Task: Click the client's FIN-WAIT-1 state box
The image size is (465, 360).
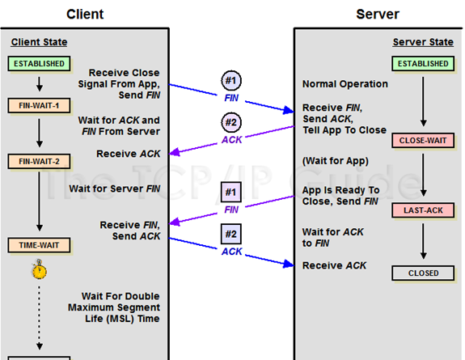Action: [x=39, y=106]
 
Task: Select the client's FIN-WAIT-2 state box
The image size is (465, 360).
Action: [x=39, y=162]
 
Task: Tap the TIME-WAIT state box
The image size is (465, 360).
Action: [x=39, y=245]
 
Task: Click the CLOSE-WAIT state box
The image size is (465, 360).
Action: [x=423, y=141]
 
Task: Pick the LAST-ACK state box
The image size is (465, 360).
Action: [x=423, y=210]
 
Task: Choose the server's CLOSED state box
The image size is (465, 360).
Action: [x=423, y=273]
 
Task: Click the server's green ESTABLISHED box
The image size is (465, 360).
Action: [x=423, y=64]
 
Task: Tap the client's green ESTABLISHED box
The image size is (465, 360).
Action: [x=39, y=64]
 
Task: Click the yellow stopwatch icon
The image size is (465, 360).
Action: [x=39, y=269]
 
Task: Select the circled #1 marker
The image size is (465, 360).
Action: [x=231, y=80]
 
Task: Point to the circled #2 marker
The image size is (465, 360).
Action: [x=231, y=122]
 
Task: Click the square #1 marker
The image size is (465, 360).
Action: [x=231, y=192]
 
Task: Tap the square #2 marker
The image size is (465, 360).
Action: [x=231, y=234]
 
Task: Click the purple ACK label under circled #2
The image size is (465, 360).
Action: [x=232, y=140]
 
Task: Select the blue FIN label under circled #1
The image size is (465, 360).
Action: [x=231, y=98]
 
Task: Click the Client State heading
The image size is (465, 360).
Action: [x=39, y=42]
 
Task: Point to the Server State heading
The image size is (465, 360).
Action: [x=423, y=42]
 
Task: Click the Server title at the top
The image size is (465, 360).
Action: [x=378, y=15]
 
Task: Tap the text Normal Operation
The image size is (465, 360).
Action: [x=345, y=84]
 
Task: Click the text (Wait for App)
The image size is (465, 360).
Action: [x=336, y=161]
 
